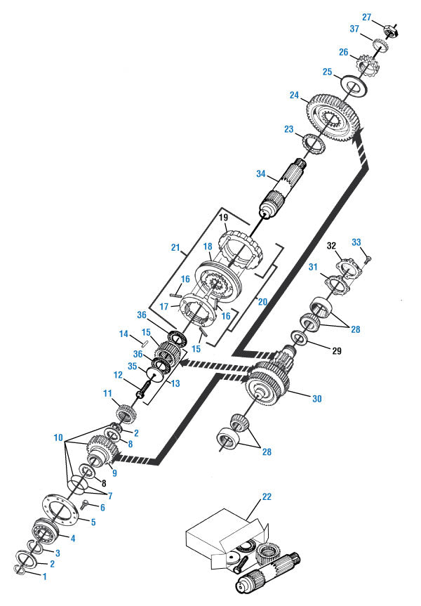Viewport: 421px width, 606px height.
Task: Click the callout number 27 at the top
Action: tap(366, 17)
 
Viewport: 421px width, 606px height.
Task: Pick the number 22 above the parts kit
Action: tap(266, 496)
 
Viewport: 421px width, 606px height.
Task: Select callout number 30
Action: tap(316, 398)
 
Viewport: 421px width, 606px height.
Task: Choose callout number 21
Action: tap(176, 248)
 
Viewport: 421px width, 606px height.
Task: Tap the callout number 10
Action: tap(58, 437)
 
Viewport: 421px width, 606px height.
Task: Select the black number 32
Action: tap(331, 246)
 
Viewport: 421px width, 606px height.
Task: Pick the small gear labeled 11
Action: tap(127, 411)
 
